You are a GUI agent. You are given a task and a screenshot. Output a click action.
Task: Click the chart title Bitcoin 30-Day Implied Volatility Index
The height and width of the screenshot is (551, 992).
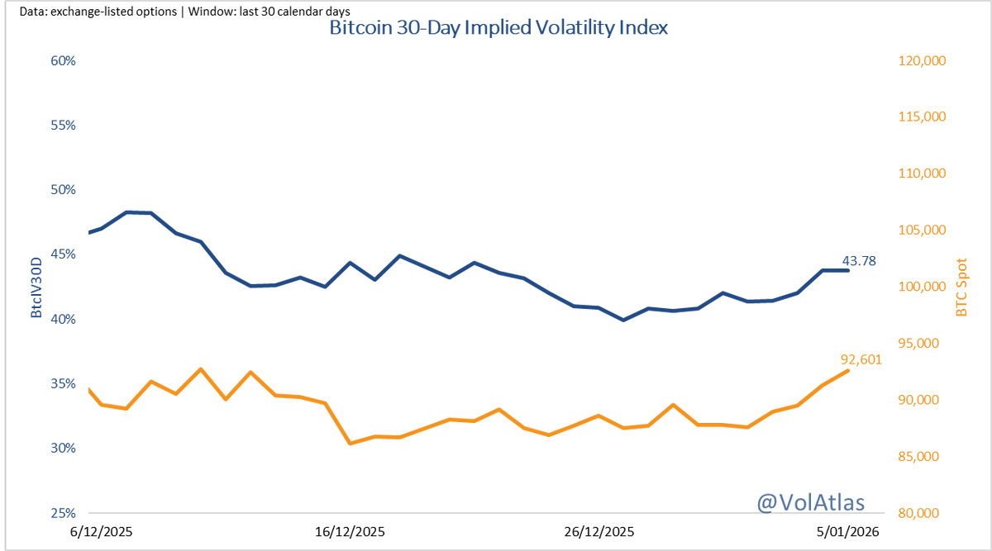click(498, 28)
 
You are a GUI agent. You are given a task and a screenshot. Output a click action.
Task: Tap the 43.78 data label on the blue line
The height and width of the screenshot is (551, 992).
click(859, 262)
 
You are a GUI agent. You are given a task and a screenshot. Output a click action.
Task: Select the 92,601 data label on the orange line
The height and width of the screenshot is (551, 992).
click(862, 359)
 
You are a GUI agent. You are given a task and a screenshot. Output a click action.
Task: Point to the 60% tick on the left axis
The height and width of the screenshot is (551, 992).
click(62, 61)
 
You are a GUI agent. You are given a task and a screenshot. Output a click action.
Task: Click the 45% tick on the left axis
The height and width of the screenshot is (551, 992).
click(62, 254)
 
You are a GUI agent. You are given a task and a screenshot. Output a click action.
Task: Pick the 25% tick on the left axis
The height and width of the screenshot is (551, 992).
click(62, 513)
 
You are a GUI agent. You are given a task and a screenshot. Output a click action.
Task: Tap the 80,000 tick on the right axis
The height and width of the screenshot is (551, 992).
click(921, 513)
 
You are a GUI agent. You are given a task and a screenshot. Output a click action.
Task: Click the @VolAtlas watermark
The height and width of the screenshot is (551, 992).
click(810, 501)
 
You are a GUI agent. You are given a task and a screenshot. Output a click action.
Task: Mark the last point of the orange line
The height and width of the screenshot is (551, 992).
click(848, 370)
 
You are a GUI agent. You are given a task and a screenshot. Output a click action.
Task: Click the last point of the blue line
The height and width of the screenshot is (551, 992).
click(848, 270)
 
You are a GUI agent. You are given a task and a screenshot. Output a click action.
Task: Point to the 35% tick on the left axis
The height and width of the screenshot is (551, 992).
click(62, 384)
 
